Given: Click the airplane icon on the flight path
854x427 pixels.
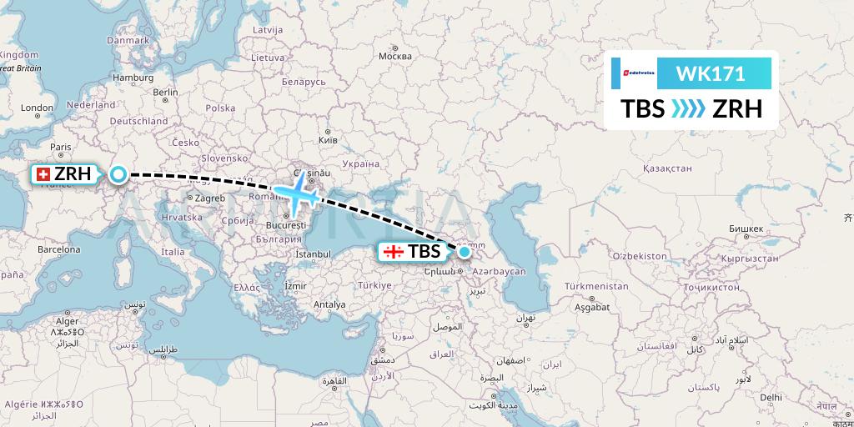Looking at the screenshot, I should coord(298,193).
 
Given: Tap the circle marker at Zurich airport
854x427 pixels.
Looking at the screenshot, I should coord(118,175).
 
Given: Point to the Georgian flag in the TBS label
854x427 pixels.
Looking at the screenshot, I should coord(394,251).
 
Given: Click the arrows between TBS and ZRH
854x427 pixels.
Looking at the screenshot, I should coord(689,109).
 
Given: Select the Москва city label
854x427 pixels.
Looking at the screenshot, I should coord(395,57).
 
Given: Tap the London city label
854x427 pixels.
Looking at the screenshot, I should coord(37,108).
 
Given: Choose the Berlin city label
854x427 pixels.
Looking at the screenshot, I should coord(166,93).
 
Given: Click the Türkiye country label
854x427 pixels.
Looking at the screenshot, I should coord(375,285).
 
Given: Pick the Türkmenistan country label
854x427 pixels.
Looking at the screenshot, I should coord(596,286).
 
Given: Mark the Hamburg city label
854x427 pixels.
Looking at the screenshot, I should coord(134,78).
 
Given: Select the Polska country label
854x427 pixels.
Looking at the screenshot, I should coord(221,108).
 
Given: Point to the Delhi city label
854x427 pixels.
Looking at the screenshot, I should coord(771,398).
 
